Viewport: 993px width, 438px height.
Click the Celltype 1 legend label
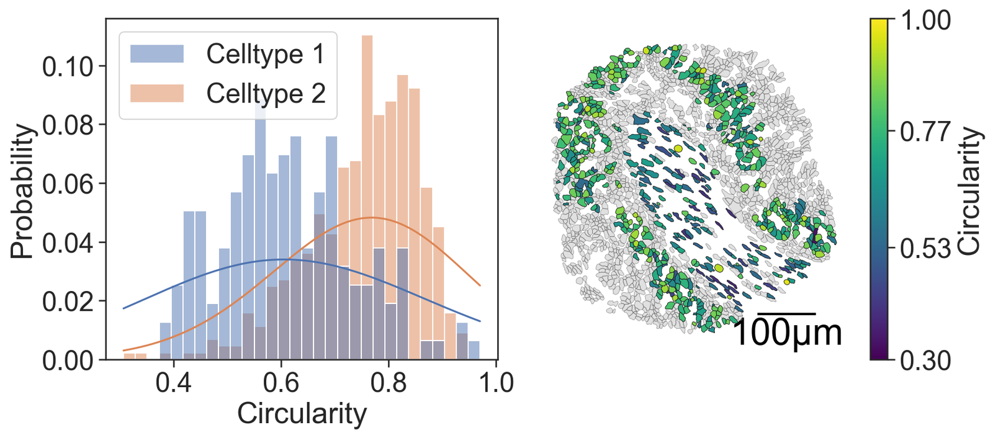click(x=265, y=54)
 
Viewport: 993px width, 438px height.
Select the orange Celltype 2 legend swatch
click(x=156, y=94)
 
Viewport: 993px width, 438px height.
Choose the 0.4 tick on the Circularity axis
click(x=173, y=382)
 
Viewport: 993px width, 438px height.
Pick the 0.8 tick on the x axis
click(x=389, y=382)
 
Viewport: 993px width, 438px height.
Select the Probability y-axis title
click(x=22, y=191)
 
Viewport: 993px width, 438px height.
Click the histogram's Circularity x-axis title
click(x=302, y=414)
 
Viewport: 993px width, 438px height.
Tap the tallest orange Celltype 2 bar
click(x=367, y=186)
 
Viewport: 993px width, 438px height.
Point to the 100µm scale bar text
click(x=787, y=333)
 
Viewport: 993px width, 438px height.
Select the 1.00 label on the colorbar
click(x=924, y=20)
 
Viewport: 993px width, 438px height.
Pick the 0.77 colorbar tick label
click(x=924, y=132)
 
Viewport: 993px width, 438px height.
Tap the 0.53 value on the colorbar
click(x=924, y=248)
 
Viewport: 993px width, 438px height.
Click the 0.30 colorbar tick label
click(x=924, y=360)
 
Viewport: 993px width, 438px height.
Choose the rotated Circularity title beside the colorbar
click(x=969, y=190)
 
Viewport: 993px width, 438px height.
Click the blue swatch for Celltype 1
click(x=156, y=54)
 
